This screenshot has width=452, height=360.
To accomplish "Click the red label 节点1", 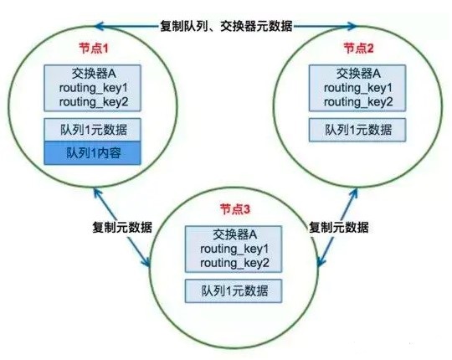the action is pyautogui.click(x=94, y=49).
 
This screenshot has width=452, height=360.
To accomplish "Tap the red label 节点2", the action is pyautogui.click(x=358, y=48).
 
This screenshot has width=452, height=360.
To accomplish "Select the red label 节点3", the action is pyautogui.click(x=235, y=209).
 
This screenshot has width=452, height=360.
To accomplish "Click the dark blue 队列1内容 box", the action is pyautogui.click(x=92, y=153).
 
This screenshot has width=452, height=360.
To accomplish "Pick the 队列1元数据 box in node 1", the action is pyautogui.click(x=92, y=130).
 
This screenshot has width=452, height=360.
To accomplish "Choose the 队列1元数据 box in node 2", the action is pyautogui.click(x=357, y=130).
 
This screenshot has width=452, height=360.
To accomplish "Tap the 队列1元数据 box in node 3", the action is pyautogui.click(x=234, y=291).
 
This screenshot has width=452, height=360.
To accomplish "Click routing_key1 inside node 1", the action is pyautogui.click(x=94, y=88).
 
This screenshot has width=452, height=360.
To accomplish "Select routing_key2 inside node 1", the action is pyautogui.click(x=94, y=102).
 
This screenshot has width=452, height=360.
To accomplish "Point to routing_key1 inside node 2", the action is pyautogui.click(x=358, y=88).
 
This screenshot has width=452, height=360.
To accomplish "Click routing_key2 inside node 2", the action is pyautogui.click(x=358, y=102).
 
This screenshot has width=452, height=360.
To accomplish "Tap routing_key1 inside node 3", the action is pyautogui.click(x=234, y=249).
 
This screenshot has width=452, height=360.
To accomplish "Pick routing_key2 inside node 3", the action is pyautogui.click(x=234, y=263).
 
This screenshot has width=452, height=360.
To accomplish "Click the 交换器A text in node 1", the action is pyautogui.click(x=94, y=74).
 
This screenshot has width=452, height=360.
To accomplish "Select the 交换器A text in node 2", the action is pyautogui.click(x=358, y=74).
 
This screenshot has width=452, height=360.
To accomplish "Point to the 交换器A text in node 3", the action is pyautogui.click(x=234, y=234).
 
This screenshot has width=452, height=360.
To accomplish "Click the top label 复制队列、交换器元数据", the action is pyautogui.click(x=226, y=26).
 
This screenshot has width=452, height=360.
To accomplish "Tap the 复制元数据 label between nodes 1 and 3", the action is pyautogui.click(x=122, y=227).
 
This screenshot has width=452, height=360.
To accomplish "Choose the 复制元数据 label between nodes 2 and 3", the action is pyautogui.click(x=339, y=227).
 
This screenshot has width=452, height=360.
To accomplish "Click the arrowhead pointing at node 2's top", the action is pyautogui.click(x=352, y=26).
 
